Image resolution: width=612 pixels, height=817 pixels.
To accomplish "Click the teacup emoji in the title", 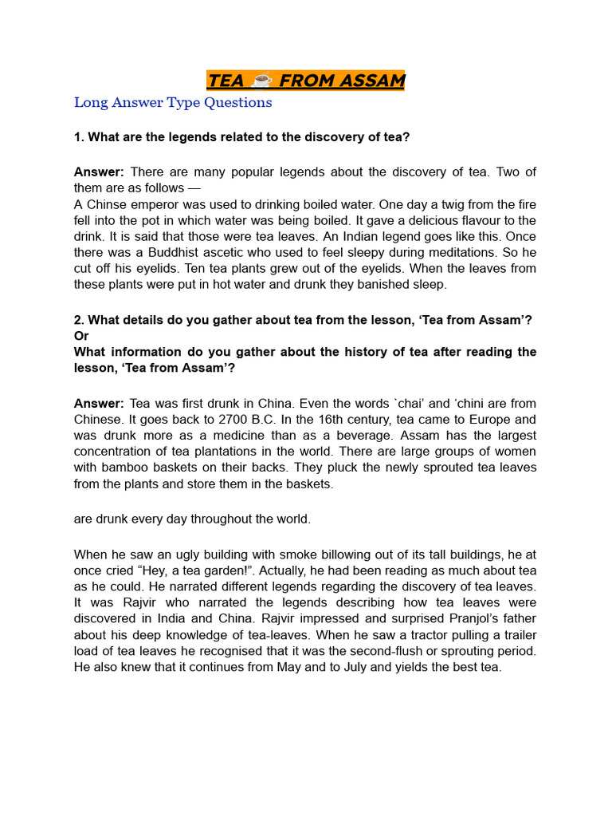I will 261,81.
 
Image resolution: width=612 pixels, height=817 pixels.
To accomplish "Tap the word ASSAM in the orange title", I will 370,81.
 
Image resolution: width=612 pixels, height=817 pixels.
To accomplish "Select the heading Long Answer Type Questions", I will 173,102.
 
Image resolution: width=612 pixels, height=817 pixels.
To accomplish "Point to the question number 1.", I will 78,137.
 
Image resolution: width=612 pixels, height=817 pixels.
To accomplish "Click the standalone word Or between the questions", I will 81,336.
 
